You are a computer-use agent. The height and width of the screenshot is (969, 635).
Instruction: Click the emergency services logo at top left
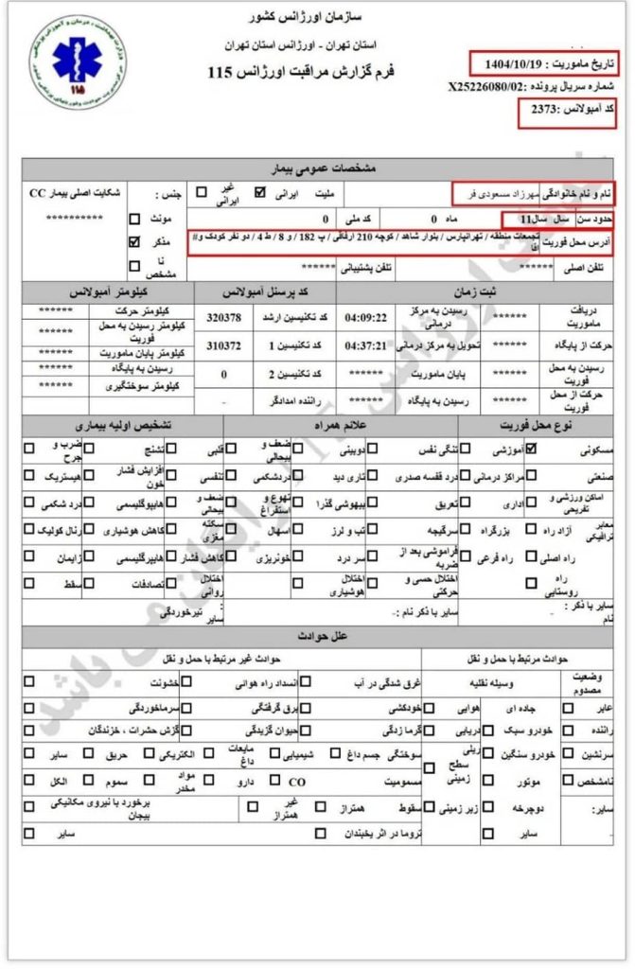(x=72, y=61)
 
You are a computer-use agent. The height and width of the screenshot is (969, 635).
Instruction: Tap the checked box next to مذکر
(x=133, y=242)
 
